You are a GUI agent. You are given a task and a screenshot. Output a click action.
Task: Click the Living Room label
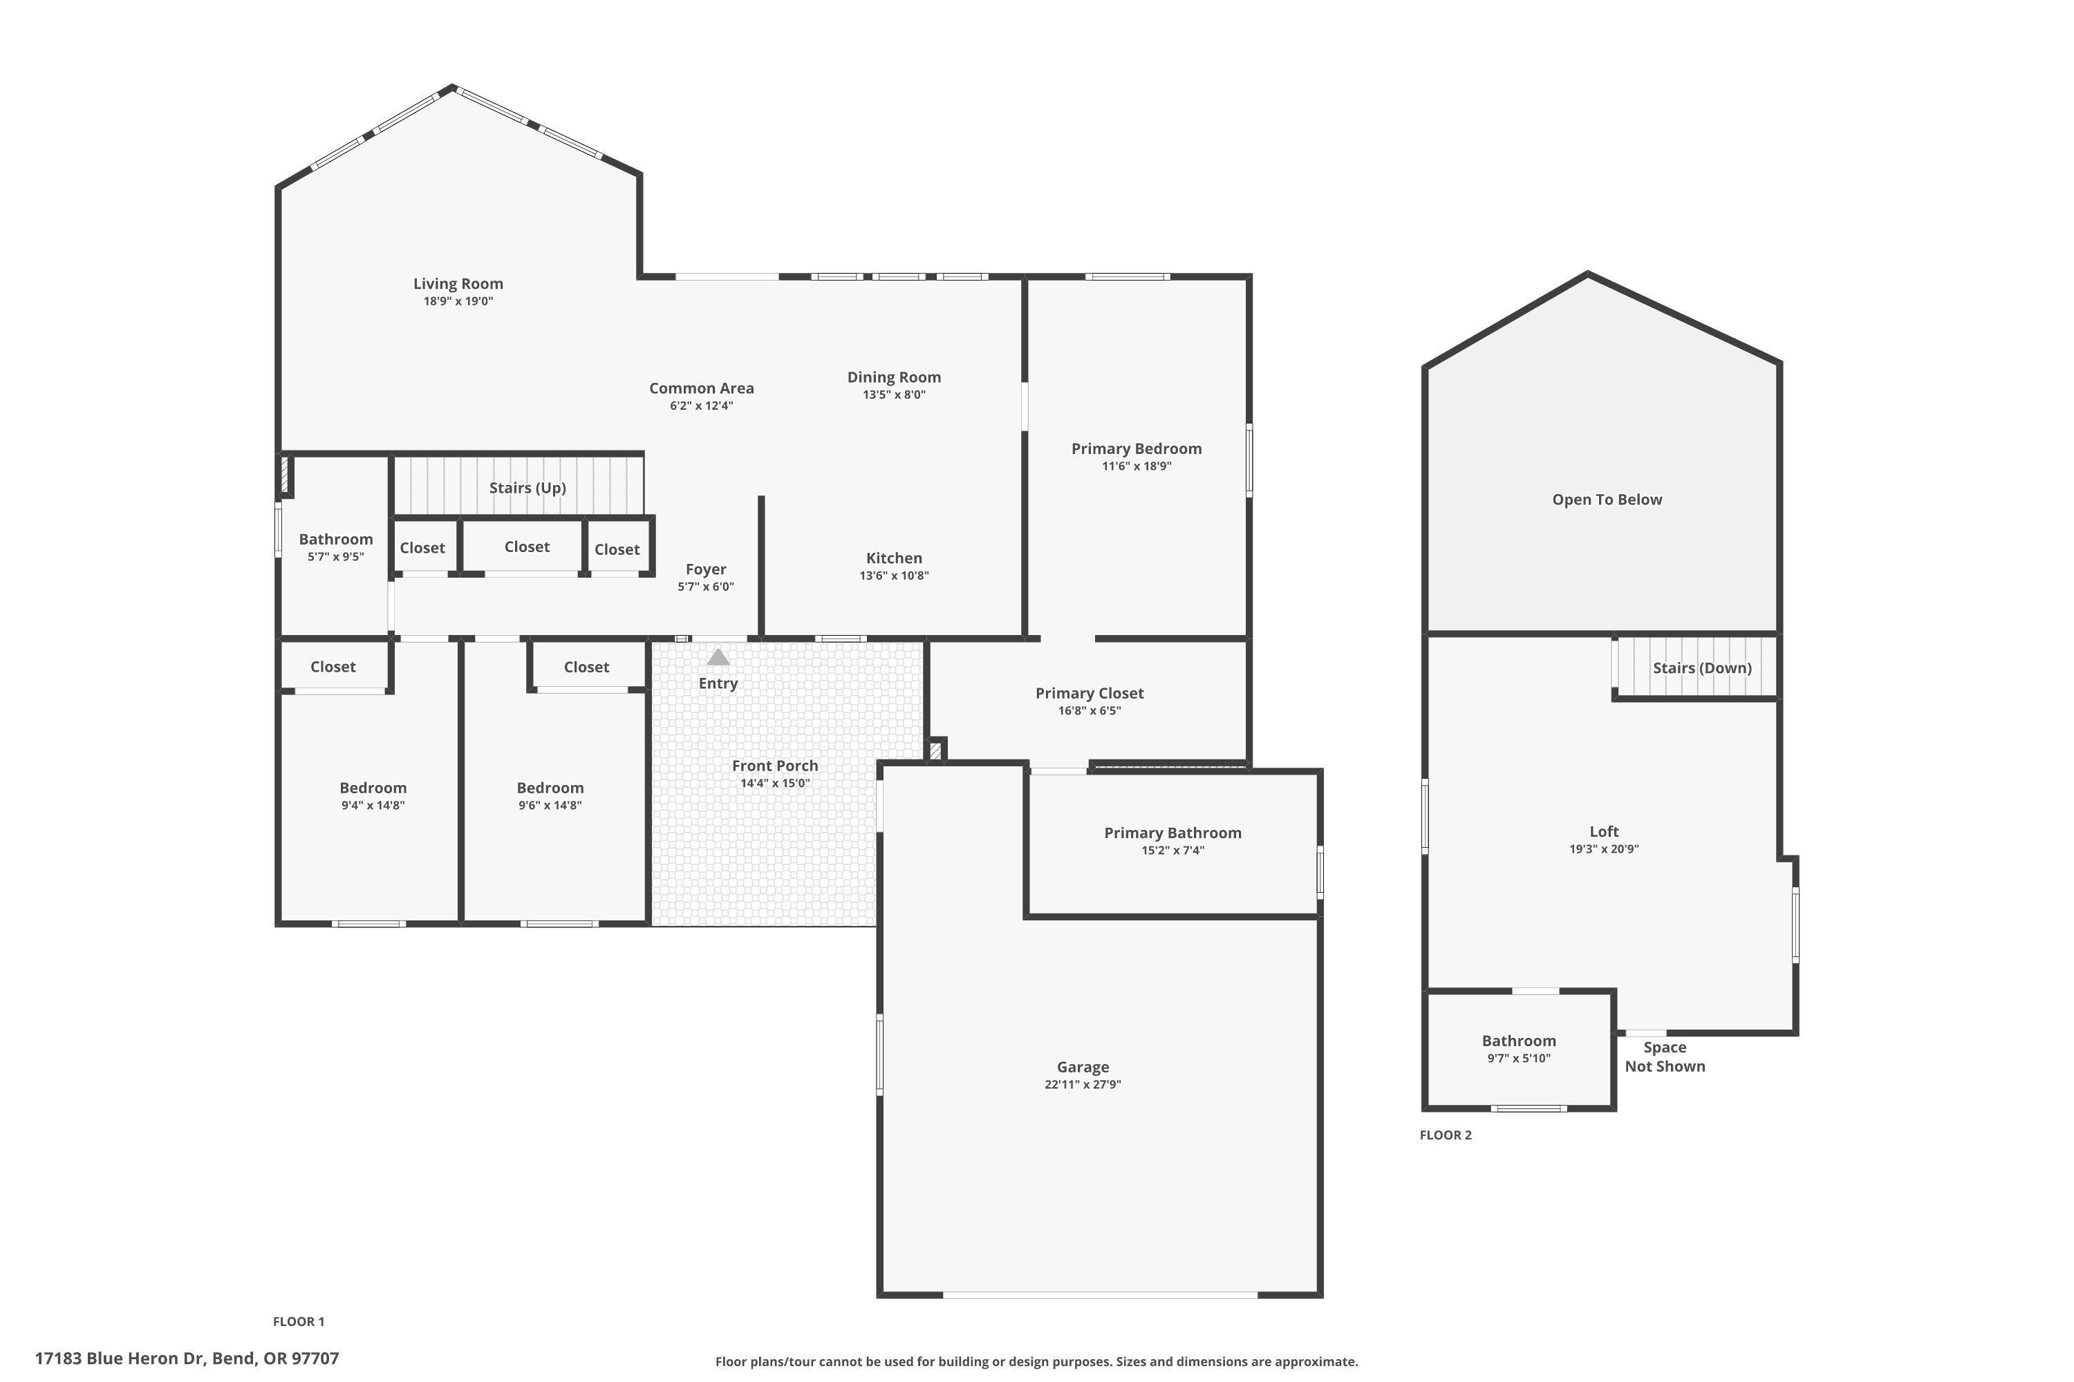pos(458,284)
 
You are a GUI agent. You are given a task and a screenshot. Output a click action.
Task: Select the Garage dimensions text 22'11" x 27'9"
pos(1082,1085)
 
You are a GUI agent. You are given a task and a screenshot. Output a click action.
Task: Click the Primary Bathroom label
pos(1172,833)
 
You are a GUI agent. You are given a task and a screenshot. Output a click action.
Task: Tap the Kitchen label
pos(893,558)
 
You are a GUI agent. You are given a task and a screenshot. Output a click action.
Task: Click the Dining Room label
pos(893,377)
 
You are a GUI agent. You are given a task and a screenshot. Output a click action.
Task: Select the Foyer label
pos(705,569)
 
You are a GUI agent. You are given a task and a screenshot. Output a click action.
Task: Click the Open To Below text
pos(1607,500)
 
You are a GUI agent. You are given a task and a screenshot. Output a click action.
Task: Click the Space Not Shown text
pos(1664,1057)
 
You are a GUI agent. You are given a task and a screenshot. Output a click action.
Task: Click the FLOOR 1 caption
pos(298,1321)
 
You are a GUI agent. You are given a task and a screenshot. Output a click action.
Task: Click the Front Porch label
pos(774,766)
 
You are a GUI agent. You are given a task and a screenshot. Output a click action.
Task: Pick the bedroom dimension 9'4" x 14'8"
pos(373,806)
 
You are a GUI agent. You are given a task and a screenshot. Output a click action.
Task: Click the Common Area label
pos(701,388)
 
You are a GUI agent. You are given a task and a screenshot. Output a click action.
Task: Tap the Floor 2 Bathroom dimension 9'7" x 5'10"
pos(1517,1059)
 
